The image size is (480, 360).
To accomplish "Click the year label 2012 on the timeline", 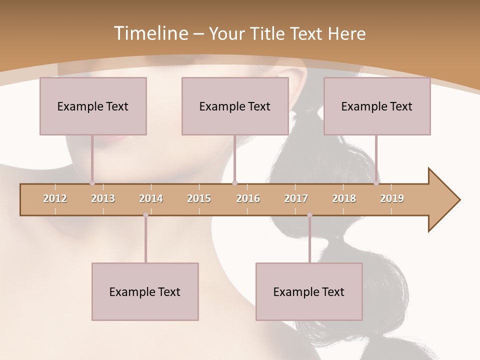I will [x=55, y=198].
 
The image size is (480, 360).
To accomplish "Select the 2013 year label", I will [x=103, y=198].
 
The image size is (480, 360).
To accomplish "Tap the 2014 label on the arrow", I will [x=151, y=198].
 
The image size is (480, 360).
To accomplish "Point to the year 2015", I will [x=199, y=198].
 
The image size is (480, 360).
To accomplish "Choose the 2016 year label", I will [x=248, y=198].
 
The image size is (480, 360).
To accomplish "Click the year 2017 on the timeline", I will [x=296, y=198].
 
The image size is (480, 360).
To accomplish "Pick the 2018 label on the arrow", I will [x=344, y=198].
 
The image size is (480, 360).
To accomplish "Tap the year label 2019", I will [x=392, y=198].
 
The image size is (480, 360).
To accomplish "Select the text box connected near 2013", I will [x=93, y=106].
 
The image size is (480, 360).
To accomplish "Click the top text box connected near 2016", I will [x=235, y=106].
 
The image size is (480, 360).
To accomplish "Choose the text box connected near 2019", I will [x=377, y=106].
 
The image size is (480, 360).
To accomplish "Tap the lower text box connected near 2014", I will [x=145, y=291].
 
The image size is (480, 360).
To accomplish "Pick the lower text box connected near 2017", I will [x=309, y=291].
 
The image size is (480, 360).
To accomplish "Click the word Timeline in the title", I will [x=150, y=33].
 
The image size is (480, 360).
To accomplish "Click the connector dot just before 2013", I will [x=92, y=183].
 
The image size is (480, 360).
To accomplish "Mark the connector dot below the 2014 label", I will [x=145, y=215].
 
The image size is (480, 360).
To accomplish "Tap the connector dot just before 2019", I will [x=376, y=183].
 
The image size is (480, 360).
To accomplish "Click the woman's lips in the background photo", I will [x=116, y=138].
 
